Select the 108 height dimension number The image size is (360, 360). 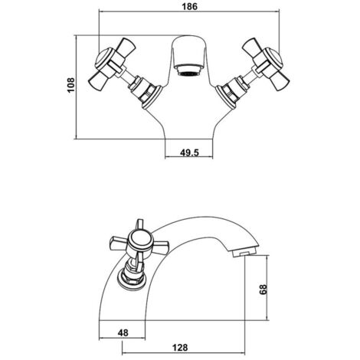point(69,87)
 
